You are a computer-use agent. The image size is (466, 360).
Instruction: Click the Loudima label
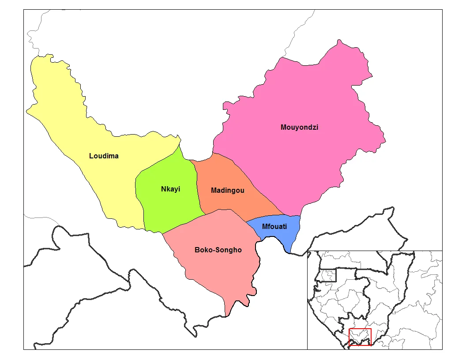coord(104,156)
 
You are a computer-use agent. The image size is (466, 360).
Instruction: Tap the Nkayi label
coord(171,189)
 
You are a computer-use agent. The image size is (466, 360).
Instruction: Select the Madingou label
coord(227,191)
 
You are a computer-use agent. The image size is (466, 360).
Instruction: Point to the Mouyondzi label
coord(299,127)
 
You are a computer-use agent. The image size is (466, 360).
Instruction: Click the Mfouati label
coord(274,227)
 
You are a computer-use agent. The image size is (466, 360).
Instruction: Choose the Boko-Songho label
coord(218,250)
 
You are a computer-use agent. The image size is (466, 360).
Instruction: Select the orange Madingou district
coord(229,176)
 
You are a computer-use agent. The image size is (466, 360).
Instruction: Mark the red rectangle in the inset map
coord(360,337)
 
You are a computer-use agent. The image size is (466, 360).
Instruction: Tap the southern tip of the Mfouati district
coord(289,253)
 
